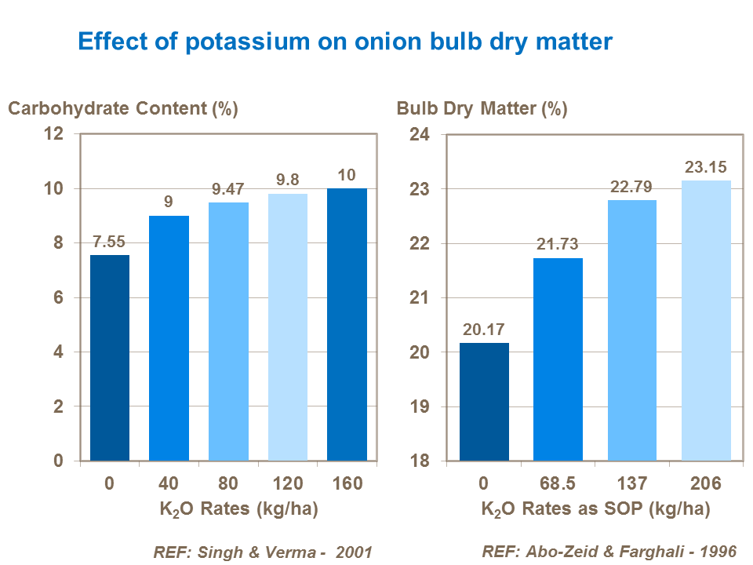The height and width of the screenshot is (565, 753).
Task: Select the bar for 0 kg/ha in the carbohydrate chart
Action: pyautogui.click(x=110, y=358)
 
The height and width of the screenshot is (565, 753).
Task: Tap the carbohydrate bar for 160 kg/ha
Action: pyautogui.click(x=347, y=324)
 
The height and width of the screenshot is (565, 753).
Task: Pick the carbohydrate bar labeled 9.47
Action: pyautogui.click(x=228, y=331)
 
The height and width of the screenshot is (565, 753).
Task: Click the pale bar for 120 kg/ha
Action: pyautogui.click(x=288, y=326)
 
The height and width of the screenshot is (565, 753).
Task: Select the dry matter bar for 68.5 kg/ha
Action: pyautogui.click(x=558, y=359)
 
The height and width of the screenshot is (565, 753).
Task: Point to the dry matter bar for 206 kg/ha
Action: pyautogui.click(x=706, y=320)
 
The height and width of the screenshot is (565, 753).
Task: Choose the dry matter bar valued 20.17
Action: pyautogui.click(x=484, y=401)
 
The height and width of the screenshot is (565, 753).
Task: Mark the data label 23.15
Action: pyautogui.click(x=706, y=166)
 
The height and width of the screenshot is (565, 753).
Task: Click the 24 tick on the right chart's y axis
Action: pyautogui.click(x=420, y=135)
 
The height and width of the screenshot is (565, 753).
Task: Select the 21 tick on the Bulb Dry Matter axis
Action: pyautogui.click(x=420, y=298)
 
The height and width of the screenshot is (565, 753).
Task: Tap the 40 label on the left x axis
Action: pyautogui.click(x=169, y=483)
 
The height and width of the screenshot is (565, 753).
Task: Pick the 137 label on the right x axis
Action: pyautogui.click(x=631, y=483)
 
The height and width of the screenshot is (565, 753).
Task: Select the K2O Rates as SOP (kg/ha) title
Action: pyautogui.click(x=595, y=509)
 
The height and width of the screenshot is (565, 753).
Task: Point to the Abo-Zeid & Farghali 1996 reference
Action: pyautogui.click(x=609, y=551)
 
